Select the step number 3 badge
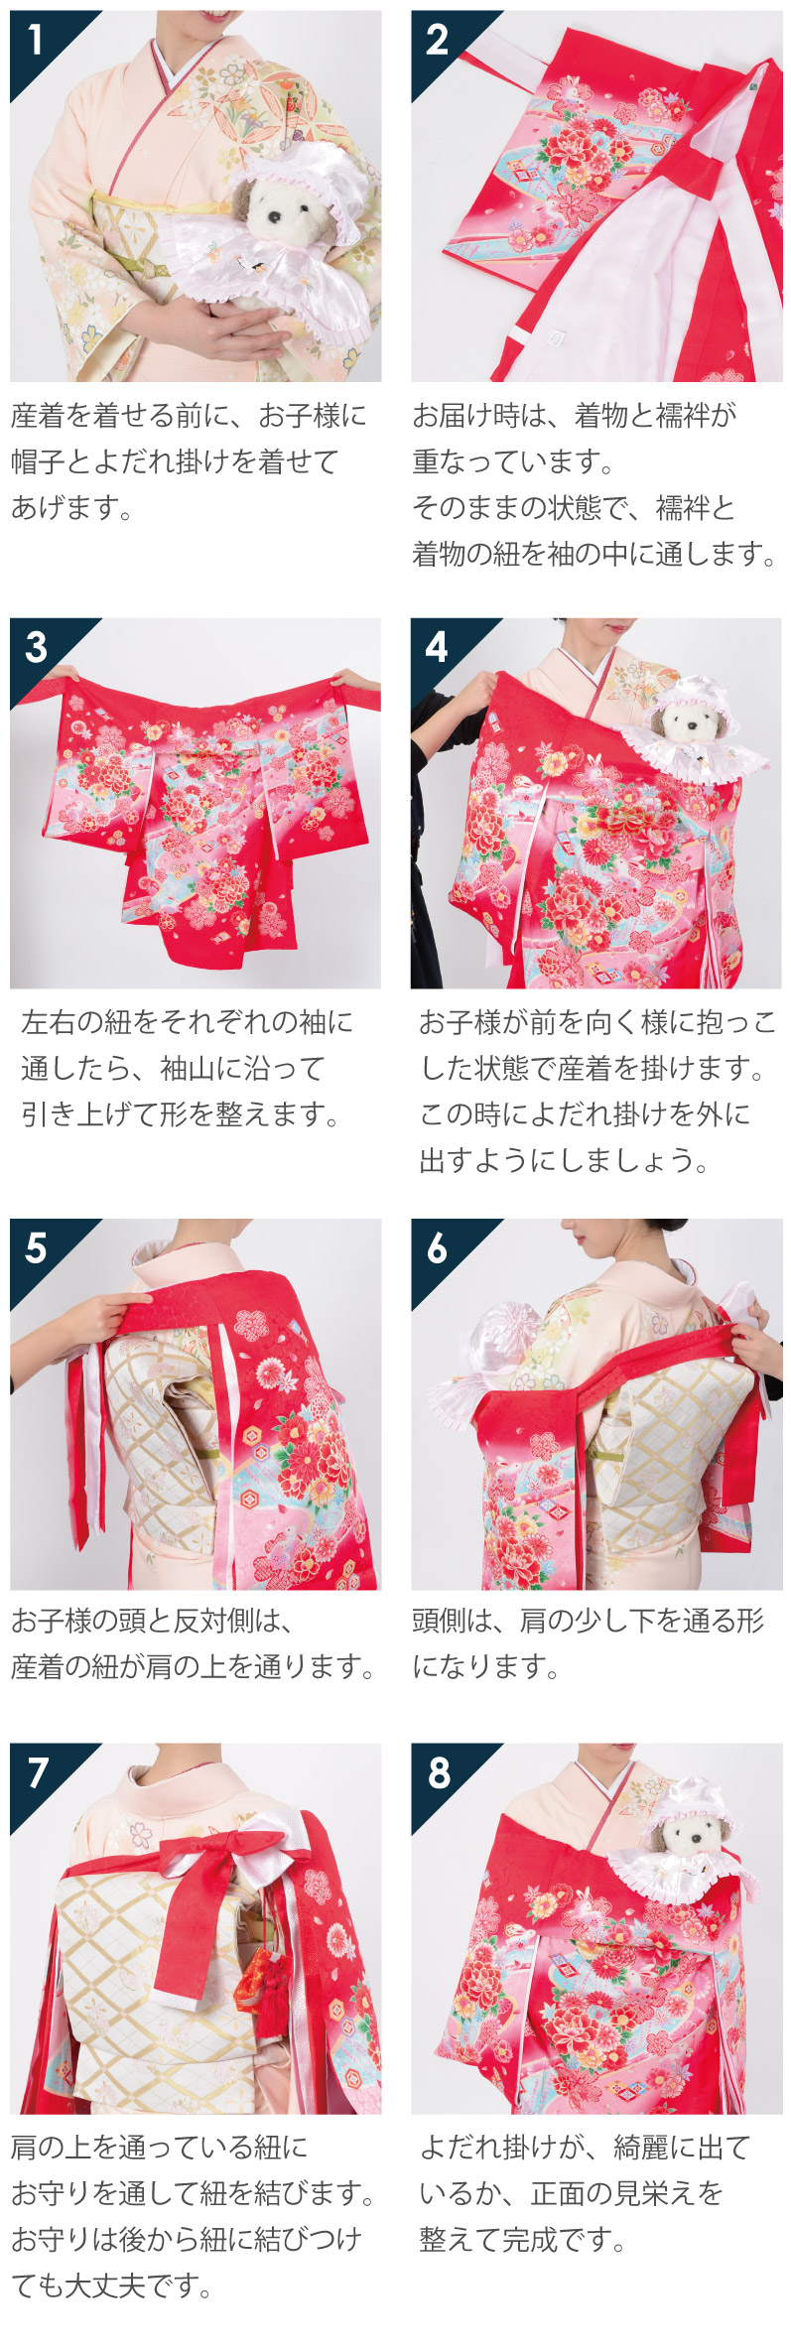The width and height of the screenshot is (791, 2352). (x=36, y=647)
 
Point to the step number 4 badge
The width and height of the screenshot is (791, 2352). (x=437, y=647)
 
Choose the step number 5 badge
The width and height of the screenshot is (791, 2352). (x=36, y=1247)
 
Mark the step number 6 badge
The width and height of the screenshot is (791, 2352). (x=437, y=1247)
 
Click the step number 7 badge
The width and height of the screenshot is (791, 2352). (x=37, y=1772)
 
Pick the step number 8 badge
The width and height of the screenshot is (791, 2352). (x=438, y=1772)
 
